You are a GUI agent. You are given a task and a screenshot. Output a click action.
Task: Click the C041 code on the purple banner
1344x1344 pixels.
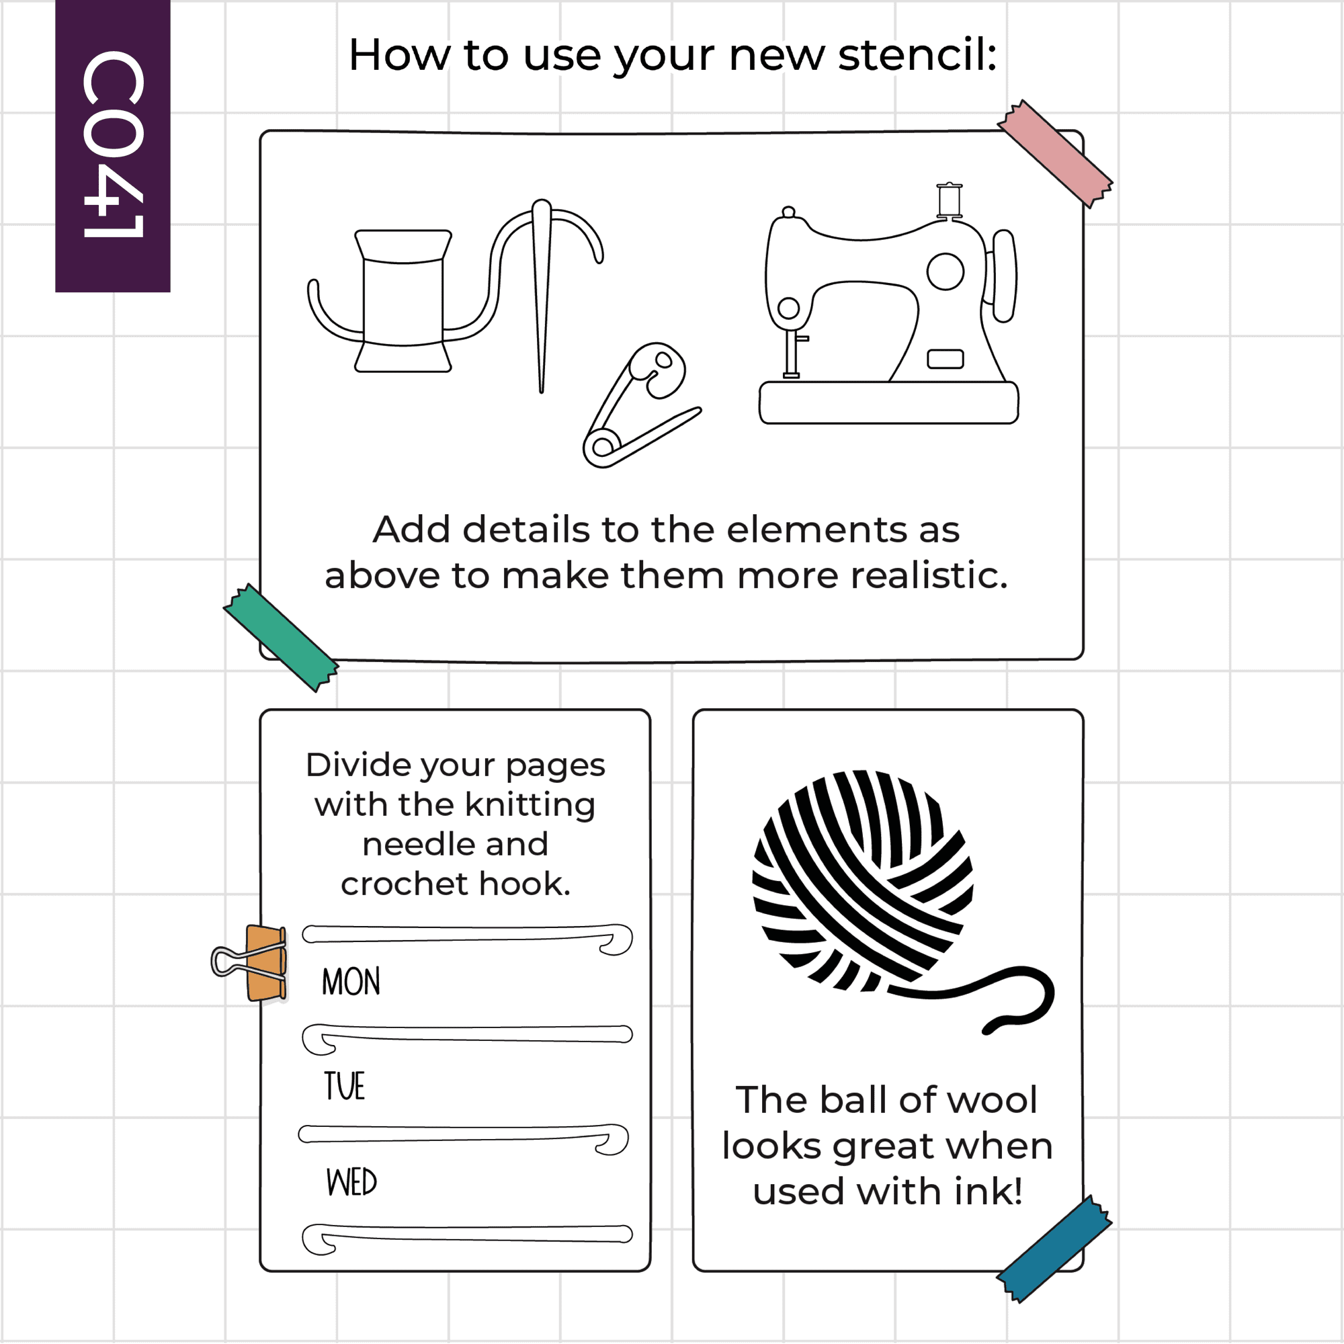pyautogui.click(x=114, y=144)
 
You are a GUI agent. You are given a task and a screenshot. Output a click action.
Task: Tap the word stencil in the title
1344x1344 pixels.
pyautogui.click(x=917, y=55)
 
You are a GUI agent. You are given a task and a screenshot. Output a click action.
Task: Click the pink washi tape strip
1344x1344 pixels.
pyautogui.click(x=1054, y=154)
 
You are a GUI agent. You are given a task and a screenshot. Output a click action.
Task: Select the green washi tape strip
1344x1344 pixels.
pyautogui.click(x=281, y=637)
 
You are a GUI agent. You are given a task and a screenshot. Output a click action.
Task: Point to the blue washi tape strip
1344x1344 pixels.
pyautogui.click(x=1054, y=1249)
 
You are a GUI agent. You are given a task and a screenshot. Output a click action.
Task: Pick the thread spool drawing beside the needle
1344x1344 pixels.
pyautogui.click(x=403, y=301)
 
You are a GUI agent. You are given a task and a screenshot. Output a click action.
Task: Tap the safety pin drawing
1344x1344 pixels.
pyautogui.click(x=640, y=405)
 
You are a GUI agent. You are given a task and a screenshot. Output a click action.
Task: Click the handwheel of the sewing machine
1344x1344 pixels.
pyautogui.click(x=1004, y=276)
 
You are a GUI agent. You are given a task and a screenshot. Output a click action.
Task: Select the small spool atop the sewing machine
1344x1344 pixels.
pyautogui.click(x=950, y=200)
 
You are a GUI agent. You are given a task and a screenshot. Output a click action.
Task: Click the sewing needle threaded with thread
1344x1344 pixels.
pyautogui.click(x=542, y=296)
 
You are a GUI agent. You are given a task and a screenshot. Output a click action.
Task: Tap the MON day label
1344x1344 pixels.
pyautogui.click(x=351, y=982)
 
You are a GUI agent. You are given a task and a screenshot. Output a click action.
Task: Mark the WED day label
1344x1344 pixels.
pyautogui.click(x=351, y=1182)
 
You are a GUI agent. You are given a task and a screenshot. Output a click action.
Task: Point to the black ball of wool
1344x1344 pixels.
pyautogui.click(x=863, y=881)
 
